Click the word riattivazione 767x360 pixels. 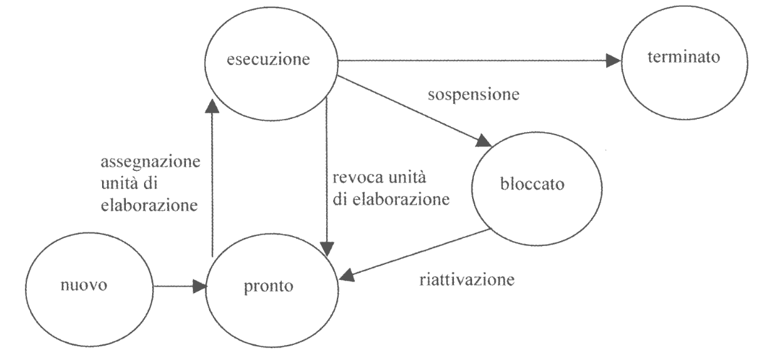pos(466,279)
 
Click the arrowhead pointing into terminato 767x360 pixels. pos(614,61)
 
